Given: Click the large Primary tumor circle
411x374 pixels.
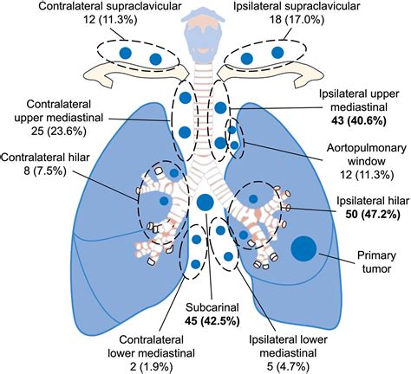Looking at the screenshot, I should coord(303,248).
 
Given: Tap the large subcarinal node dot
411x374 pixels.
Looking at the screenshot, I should coord(205,203).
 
